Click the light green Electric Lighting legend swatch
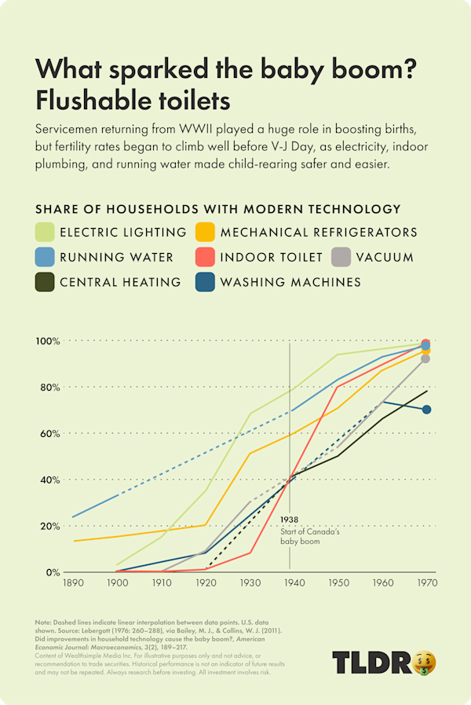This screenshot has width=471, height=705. (46, 232)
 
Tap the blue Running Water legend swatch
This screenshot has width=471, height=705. (46, 257)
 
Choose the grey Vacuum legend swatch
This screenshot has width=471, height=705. (341, 257)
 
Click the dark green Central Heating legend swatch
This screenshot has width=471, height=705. (46, 281)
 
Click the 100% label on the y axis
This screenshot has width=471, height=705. (47, 341)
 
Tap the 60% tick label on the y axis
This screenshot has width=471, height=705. (49, 433)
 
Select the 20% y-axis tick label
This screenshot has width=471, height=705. (49, 526)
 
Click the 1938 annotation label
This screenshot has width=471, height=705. (289, 520)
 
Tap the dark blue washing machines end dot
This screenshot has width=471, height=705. (426, 409)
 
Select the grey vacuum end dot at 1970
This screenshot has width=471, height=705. (426, 358)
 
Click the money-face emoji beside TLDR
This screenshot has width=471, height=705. (423, 663)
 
